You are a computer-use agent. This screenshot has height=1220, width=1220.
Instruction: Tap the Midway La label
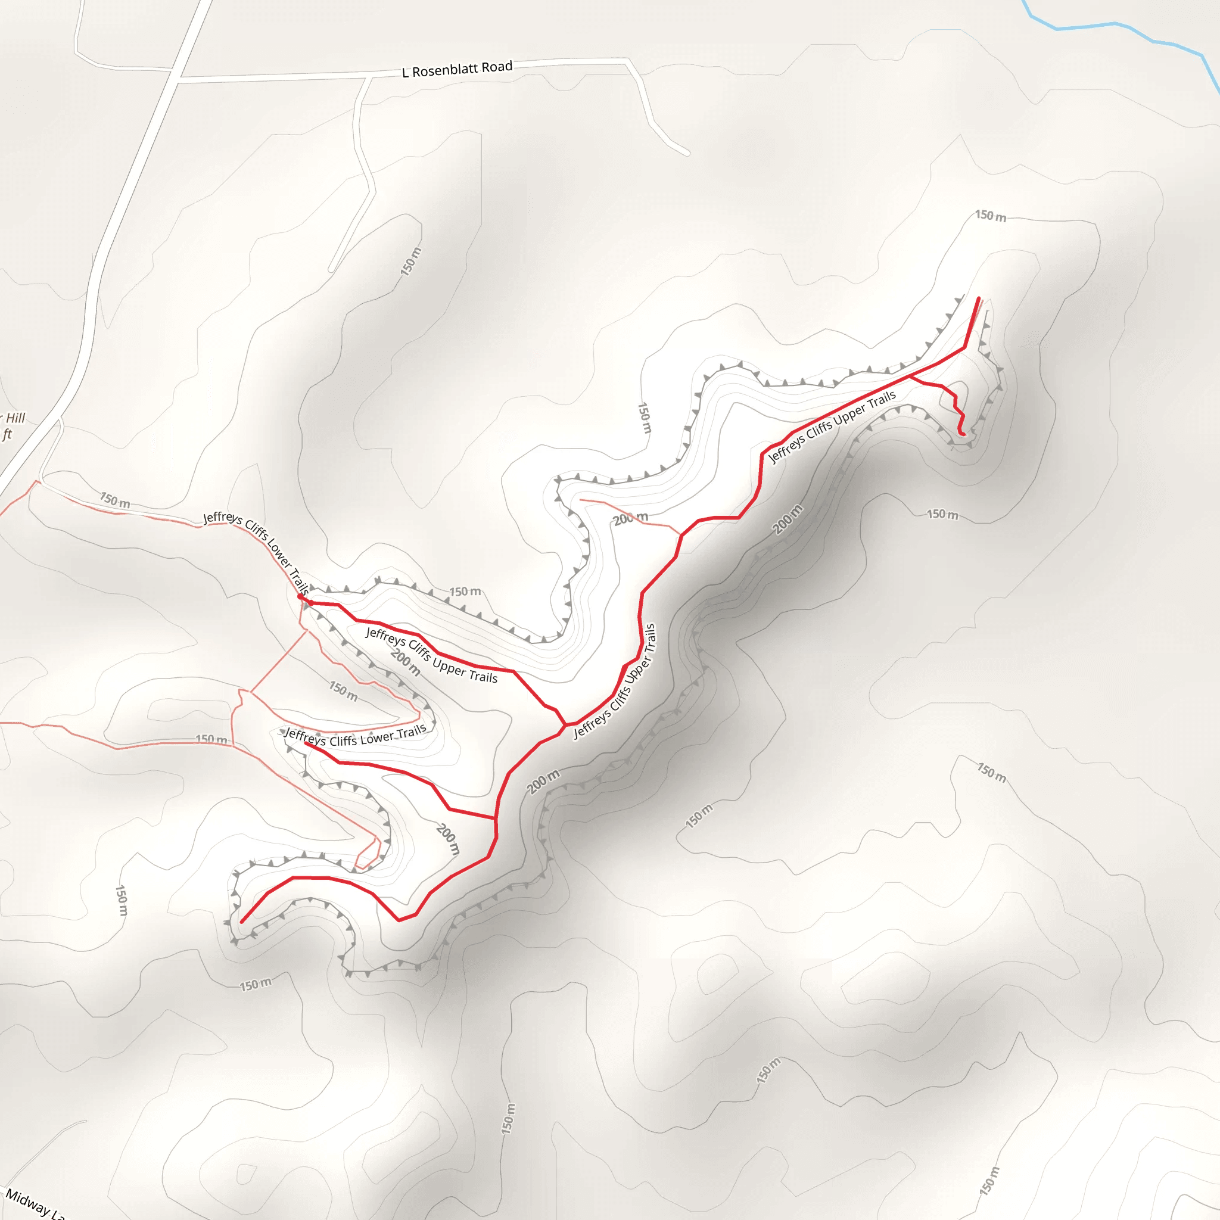[x=35, y=1203]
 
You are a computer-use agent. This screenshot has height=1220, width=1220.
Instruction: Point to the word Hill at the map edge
[x=14, y=418]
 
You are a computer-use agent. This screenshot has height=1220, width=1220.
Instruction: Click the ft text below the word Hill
[x=7, y=434]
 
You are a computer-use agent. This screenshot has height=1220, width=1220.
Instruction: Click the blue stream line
[x=1112, y=24]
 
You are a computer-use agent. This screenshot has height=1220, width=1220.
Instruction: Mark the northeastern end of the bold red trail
[x=979, y=298]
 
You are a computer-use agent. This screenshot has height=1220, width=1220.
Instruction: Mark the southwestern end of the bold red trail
[x=242, y=922]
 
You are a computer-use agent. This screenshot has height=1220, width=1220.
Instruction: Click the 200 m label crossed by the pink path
[x=631, y=518]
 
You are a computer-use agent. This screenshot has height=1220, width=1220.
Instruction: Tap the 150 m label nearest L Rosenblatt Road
[x=410, y=262]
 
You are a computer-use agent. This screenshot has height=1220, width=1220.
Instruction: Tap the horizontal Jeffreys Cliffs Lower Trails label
[x=356, y=736]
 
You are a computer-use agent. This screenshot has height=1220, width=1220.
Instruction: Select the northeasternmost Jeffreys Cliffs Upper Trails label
[x=832, y=427]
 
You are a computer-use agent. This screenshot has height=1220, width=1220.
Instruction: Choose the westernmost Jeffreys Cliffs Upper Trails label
[x=432, y=655]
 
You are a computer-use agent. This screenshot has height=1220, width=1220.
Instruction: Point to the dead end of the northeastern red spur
[x=963, y=434]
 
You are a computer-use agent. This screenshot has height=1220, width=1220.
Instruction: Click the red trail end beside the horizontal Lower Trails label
[x=306, y=743]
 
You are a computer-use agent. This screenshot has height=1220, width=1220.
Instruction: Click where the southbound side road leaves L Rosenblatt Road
[x=368, y=77]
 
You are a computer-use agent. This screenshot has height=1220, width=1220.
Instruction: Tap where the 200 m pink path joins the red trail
[x=681, y=535]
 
